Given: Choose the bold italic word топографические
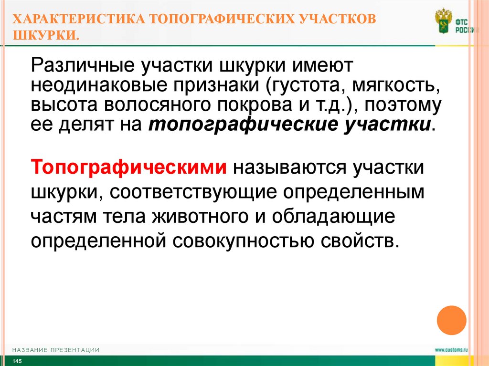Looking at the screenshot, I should pos(238,125).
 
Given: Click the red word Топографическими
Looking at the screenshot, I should pos(128,168).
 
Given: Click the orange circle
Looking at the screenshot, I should pos(451,320).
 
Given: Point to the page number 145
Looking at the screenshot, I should pos(17,361).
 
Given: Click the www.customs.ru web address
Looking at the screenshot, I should pos(451,350).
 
